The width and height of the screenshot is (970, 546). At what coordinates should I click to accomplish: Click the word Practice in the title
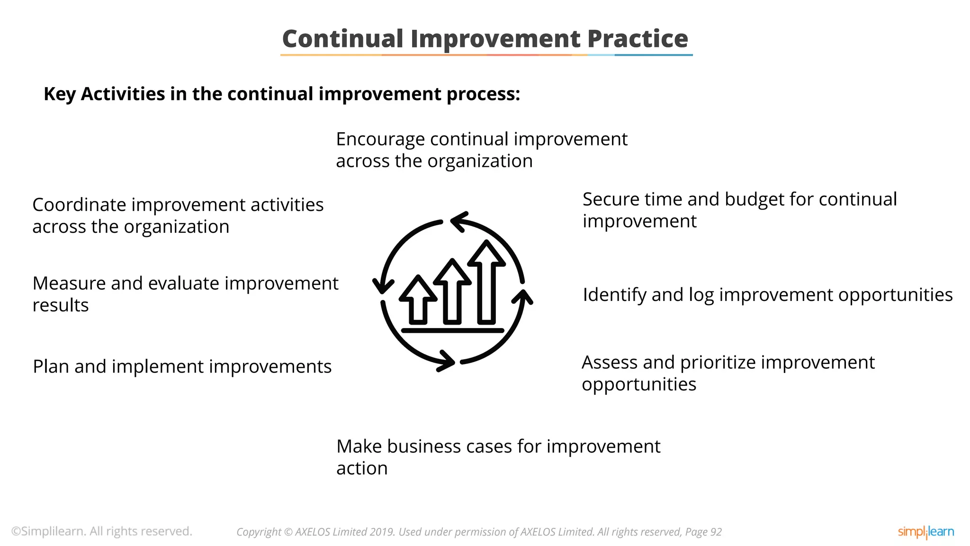point(637,39)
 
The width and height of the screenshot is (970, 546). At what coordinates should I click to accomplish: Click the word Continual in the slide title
point(342,39)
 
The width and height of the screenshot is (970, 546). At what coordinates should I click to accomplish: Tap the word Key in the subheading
point(60,94)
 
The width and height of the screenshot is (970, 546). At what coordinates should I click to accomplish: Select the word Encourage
point(380,139)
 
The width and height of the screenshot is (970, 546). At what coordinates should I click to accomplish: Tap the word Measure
point(69,283)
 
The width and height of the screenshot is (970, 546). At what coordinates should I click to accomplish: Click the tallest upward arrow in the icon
point(486,284)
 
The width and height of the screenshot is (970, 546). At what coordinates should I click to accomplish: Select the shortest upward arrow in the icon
point(418,301)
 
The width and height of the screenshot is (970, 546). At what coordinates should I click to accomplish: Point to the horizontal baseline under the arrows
point(452,330)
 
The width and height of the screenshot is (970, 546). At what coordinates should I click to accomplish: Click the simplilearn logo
point(925,532)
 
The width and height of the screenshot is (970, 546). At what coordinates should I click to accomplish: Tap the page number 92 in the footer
point(716,532)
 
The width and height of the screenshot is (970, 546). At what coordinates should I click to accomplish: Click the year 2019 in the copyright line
point(382,532)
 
